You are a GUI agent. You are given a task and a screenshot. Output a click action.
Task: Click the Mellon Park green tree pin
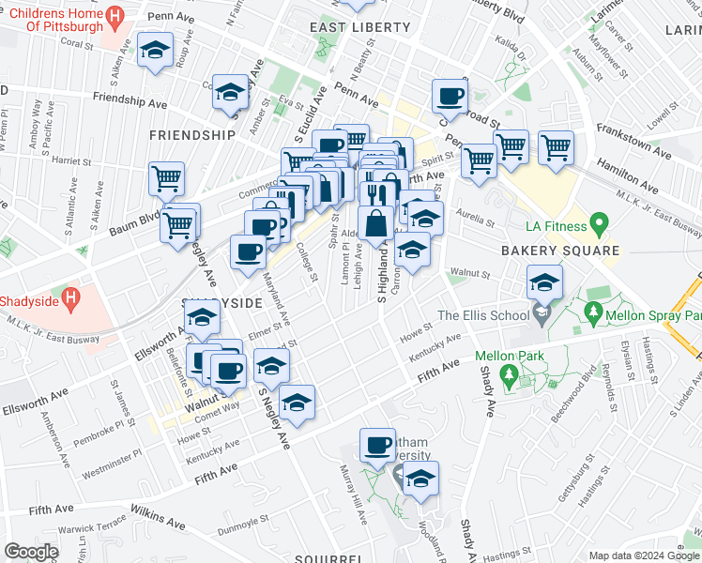[x=509, y=377]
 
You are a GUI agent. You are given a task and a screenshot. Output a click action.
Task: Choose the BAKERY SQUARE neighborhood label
[x=559, y=251]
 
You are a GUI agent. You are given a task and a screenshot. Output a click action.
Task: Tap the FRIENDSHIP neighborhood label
[x=191, y=135]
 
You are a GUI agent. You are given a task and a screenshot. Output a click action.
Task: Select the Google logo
[x=32, y=551]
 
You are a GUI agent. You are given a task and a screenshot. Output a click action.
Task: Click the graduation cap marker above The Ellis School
[x=544, y=281]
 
